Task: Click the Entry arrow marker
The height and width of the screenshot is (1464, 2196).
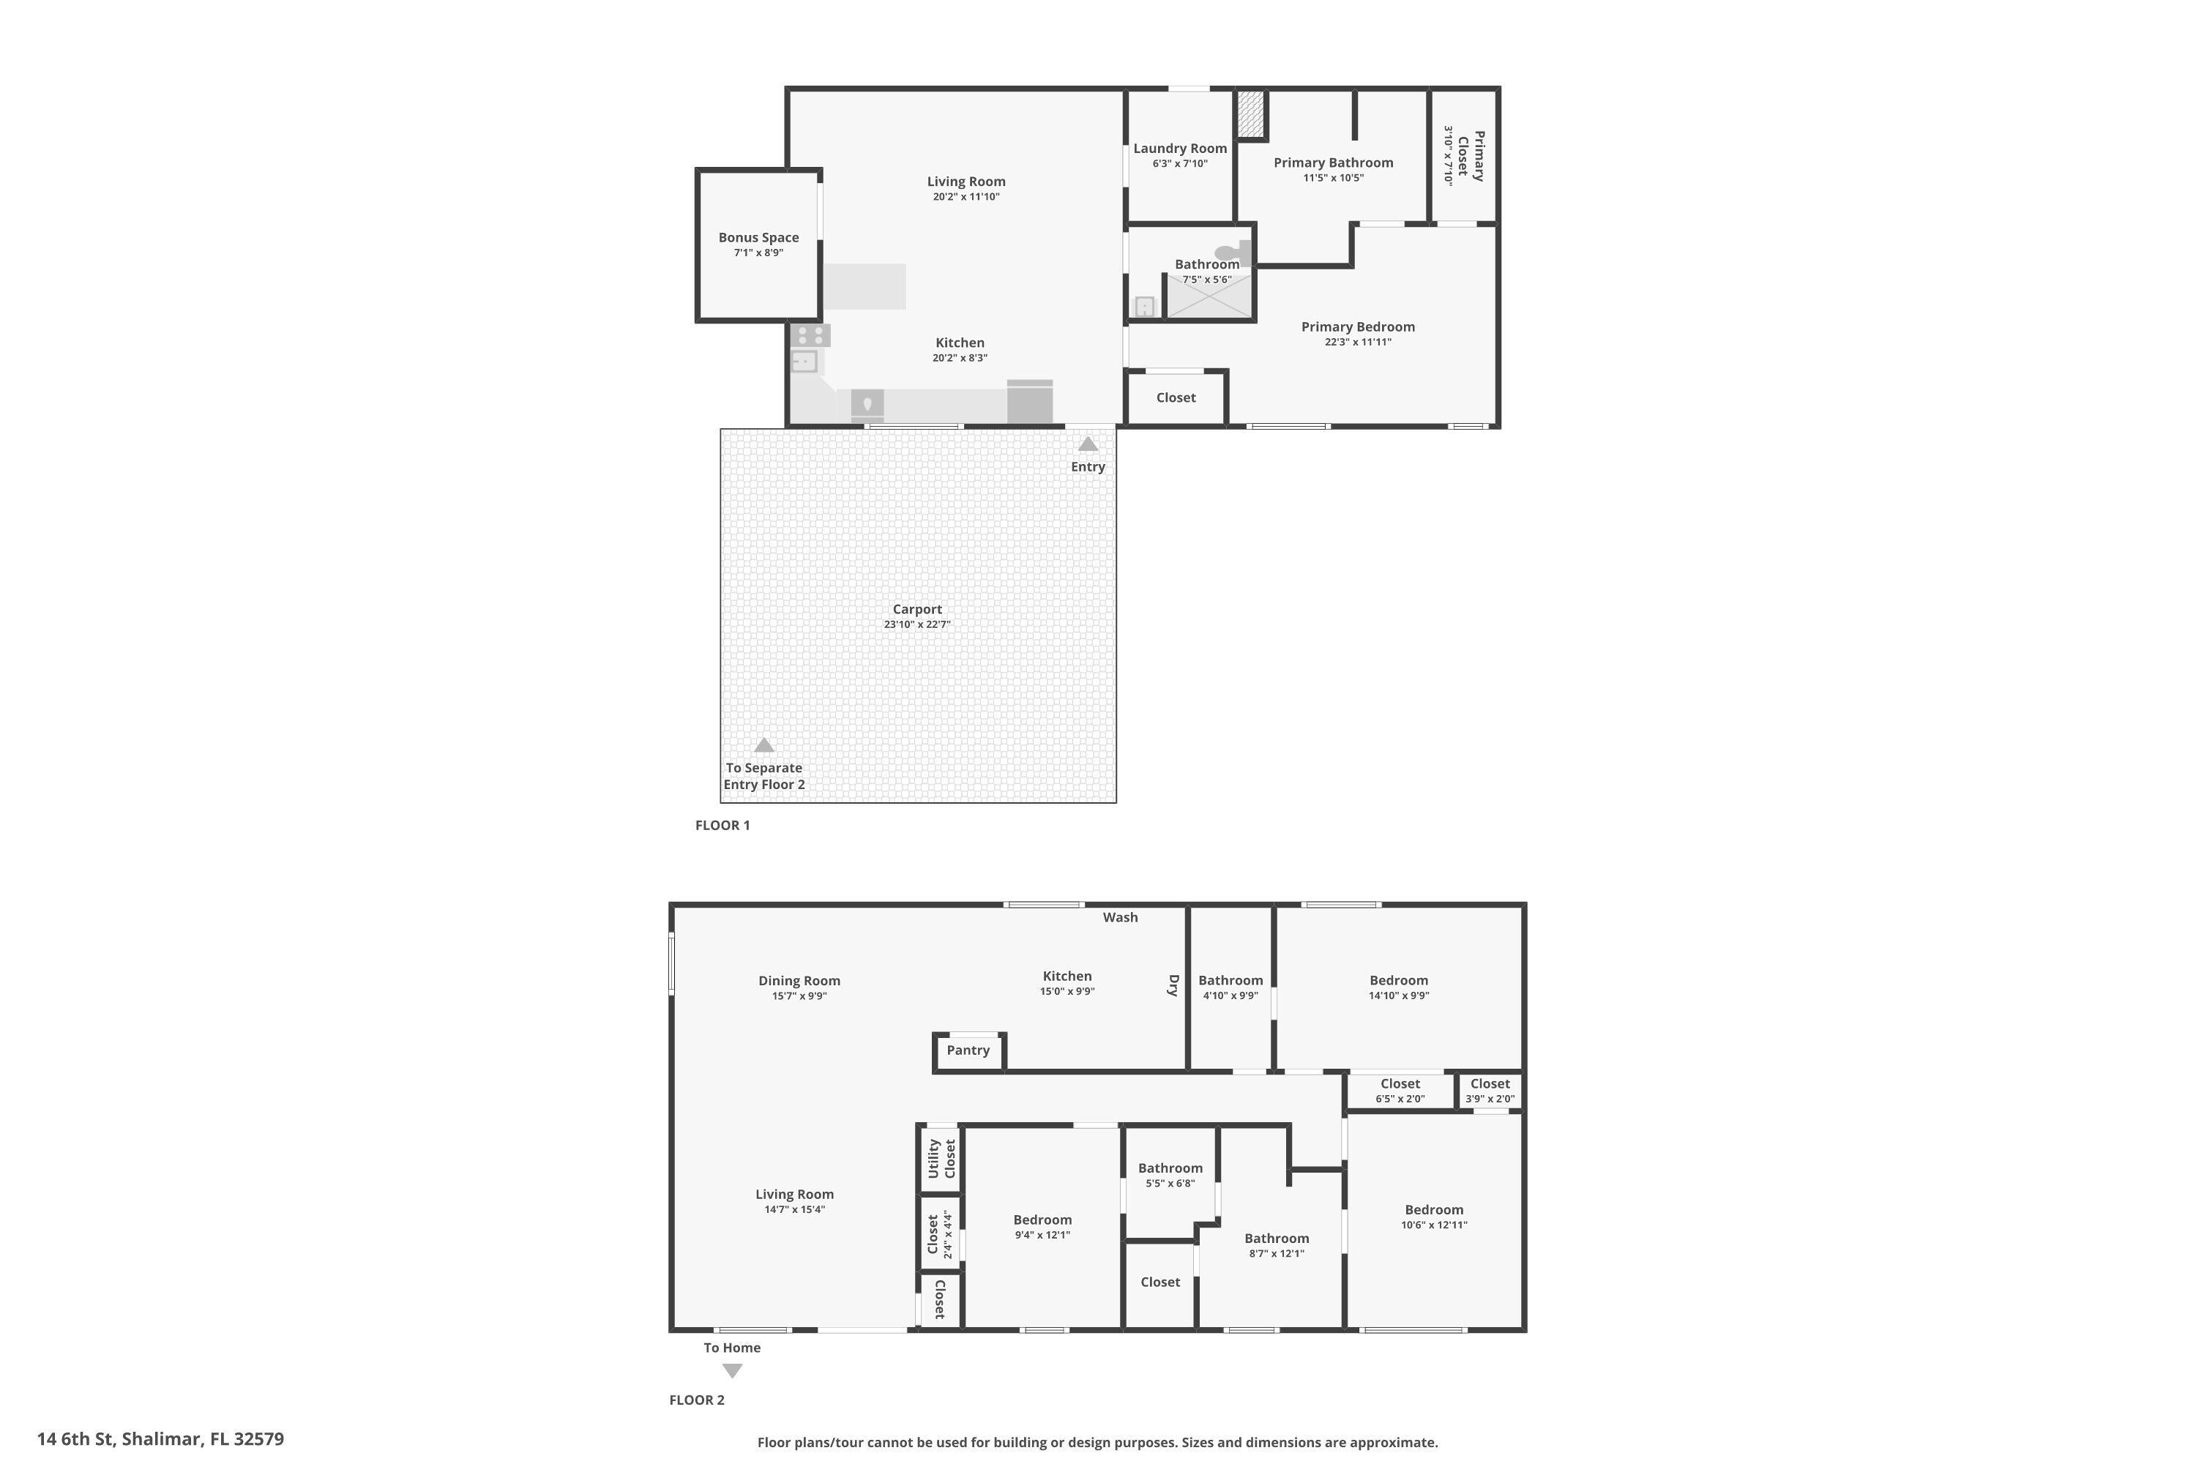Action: coord(1088,444)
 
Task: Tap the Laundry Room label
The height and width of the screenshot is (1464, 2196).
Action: coord(1179,149)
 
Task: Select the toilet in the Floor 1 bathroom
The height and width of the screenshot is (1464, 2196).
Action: coord(1231,252)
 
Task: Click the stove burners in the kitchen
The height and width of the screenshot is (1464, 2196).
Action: coord(810,335)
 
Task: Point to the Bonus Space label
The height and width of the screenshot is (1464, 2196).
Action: coord(758,238)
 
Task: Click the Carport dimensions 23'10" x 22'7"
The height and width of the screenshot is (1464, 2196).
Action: coord(917,624)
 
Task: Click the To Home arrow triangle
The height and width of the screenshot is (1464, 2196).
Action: coord(732,1370)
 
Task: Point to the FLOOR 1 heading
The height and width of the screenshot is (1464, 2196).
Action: coord(722,826)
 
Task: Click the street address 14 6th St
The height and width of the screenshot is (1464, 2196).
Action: coord(160,1439)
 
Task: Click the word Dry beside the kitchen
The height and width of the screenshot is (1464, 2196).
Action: coord(1173,985)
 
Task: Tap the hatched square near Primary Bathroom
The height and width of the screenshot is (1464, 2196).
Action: coord(1250,114)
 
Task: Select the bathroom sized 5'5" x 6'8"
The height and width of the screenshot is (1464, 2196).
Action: coord(1170,1175)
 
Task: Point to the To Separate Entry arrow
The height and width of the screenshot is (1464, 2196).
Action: coord(763,745)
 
